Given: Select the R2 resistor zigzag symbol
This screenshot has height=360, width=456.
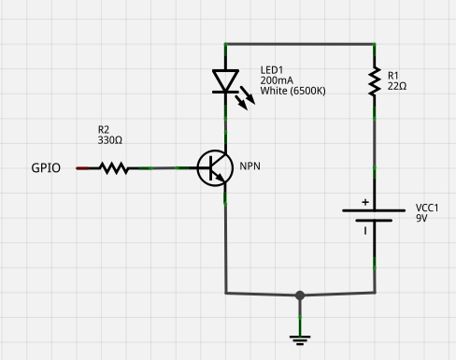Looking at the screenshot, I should pyautogui.click(x=114, y=168).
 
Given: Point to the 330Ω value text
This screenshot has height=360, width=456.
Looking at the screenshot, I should pyautogui.click(x=110, y=140).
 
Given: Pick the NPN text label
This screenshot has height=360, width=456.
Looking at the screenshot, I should pyautogui.click(x=249, y=166).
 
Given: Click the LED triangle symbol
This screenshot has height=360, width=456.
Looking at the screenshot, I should pyautogui.click(x=225, y=81).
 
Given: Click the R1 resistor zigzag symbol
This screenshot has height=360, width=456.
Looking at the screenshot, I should pyautogui.click(x=374, y=81).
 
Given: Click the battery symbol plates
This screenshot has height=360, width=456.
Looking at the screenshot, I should pyautogui.click(x=374, y=217).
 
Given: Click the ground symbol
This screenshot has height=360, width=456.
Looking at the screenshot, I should pyautogui.click(x=300, y=339).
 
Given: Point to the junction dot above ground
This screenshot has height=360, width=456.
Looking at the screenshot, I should pyautogui.click(x=300, y=295).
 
